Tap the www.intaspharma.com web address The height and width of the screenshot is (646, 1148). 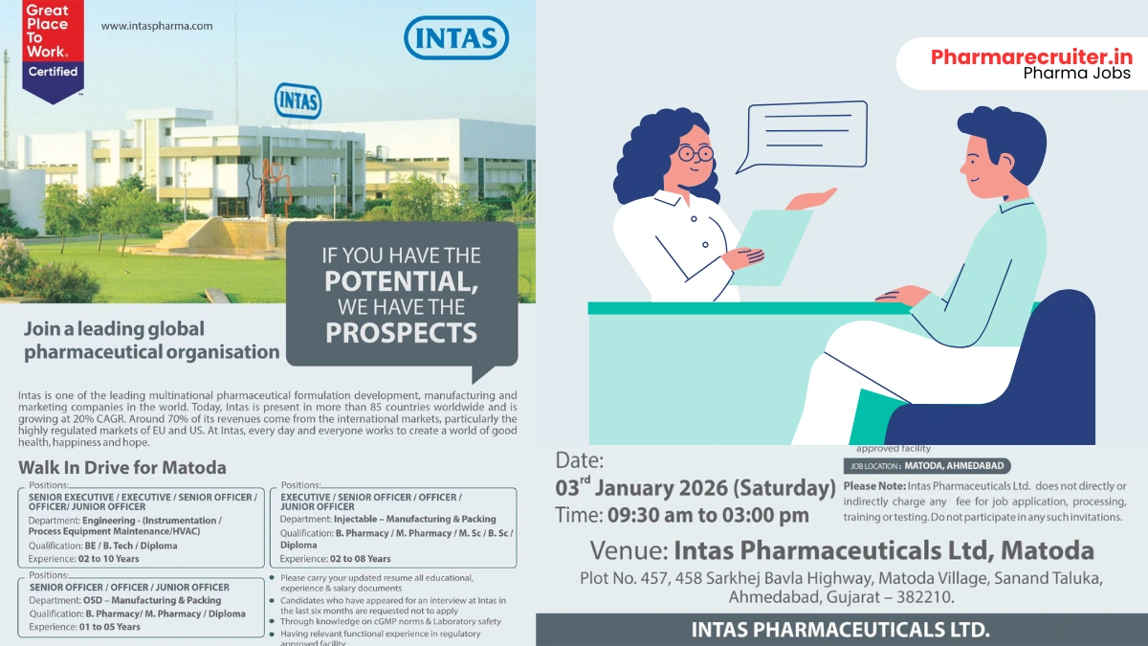156,26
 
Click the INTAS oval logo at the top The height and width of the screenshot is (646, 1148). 455,38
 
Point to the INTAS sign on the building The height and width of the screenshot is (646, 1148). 298,101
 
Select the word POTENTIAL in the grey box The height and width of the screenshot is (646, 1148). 401,282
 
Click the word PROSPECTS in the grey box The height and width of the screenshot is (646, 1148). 401,333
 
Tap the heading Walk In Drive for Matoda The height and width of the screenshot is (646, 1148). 122,468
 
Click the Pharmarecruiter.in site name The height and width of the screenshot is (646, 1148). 1031,56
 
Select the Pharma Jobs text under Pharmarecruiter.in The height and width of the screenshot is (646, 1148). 1076,74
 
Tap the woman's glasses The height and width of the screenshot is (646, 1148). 695,152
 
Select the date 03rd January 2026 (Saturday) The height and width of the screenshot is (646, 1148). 695,488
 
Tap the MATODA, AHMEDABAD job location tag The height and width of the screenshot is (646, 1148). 926,466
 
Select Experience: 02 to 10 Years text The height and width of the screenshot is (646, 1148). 84,558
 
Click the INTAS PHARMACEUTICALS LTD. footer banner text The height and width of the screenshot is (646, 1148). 841,630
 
